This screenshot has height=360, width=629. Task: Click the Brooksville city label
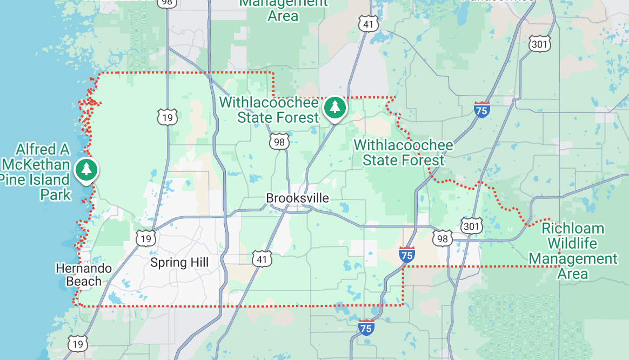click(x=297, y=198)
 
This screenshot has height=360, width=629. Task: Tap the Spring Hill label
click(x=179, y=263)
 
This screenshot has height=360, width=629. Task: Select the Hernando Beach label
click(x=84, y=275)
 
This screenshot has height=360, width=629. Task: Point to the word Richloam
click(x=573, y=228)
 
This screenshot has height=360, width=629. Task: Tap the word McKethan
click(x=36, y=164)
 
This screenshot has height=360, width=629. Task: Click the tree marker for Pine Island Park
click(x=86, y=169)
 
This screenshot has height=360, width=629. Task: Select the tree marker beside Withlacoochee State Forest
click(x=335, y=107)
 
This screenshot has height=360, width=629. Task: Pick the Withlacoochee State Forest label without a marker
click(x=403, y=152)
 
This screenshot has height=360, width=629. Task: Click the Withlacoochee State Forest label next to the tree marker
click(x=269, y=109)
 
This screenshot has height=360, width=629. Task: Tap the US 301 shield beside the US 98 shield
click(x=471, y=225)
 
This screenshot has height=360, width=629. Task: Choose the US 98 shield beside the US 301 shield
click(x=443, y=238)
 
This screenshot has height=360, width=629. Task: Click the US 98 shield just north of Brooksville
click(x=279, y=142)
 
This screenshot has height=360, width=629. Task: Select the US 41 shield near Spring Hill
click(x=262, y=258)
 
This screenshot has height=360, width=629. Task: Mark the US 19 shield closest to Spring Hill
click(x=145, y=238)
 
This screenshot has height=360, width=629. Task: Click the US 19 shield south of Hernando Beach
click(x=77, y=343)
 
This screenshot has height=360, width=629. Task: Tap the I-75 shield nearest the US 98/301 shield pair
click(x=407, y=254)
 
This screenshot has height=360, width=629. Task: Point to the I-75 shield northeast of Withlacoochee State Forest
click(x=481, y=109)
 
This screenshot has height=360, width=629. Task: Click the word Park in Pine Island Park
click(x=56, y=195)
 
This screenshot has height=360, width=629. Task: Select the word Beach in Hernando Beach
click(x=84, y=281)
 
